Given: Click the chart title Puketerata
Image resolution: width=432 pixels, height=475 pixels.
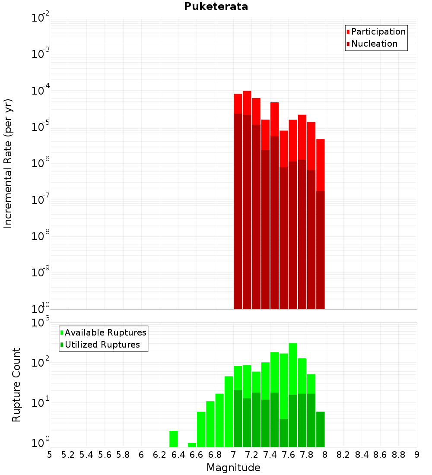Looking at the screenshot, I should (216, 6).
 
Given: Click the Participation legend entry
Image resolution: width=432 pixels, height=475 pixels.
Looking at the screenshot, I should (378, 32).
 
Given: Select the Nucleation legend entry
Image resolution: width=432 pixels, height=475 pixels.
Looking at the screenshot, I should (374, 44).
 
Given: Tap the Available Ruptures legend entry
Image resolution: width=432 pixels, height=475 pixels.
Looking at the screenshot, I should (105, 332).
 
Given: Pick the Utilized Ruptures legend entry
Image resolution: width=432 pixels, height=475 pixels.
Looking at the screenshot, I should (102, 345).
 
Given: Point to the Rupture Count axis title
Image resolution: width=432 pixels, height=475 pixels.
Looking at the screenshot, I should (16, 384).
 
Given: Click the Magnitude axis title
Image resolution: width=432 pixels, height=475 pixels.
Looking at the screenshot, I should (233, 468).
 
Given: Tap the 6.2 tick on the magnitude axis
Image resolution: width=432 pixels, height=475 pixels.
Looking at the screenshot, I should (160, 455).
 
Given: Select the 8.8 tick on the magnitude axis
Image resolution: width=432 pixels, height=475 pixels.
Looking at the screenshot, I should (398, 455).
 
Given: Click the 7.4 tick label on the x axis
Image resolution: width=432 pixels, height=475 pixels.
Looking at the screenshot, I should (270, 455).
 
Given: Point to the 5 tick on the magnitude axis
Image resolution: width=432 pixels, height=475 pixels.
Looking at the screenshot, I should (50, 455).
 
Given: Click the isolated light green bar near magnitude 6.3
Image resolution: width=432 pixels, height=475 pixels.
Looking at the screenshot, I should (173, 439).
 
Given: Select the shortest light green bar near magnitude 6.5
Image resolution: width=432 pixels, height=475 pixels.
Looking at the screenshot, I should (192, 445).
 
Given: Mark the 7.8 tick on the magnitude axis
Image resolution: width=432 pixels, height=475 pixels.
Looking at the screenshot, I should (343, 455).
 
